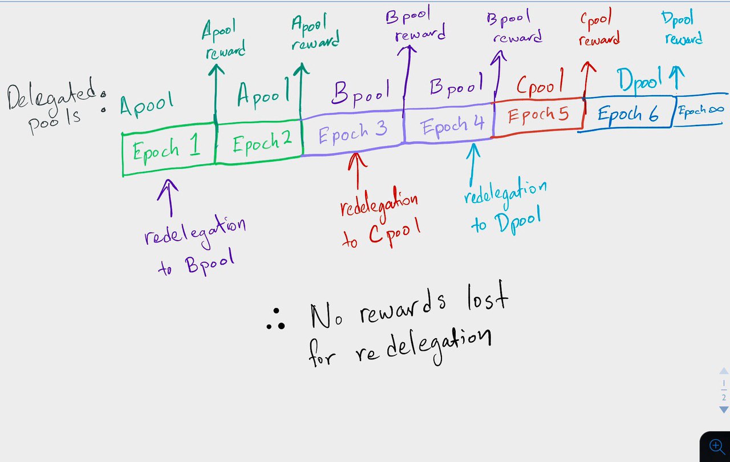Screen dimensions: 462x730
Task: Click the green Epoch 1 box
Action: (x=168, y=152)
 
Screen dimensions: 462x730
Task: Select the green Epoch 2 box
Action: (x=258, y=143)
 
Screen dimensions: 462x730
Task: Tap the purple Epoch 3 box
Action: (x=352, y=133)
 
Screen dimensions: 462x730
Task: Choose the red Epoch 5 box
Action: (x=538, y=116)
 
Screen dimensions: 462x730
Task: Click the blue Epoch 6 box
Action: (x=627, y=114)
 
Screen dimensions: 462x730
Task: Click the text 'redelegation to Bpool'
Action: (x=194, y=245)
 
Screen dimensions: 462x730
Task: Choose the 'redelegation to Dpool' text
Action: (x=504, y=205)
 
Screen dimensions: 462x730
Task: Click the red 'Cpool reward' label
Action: (x=598, y=30)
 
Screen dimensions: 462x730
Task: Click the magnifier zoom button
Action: (x=716, y=445)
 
